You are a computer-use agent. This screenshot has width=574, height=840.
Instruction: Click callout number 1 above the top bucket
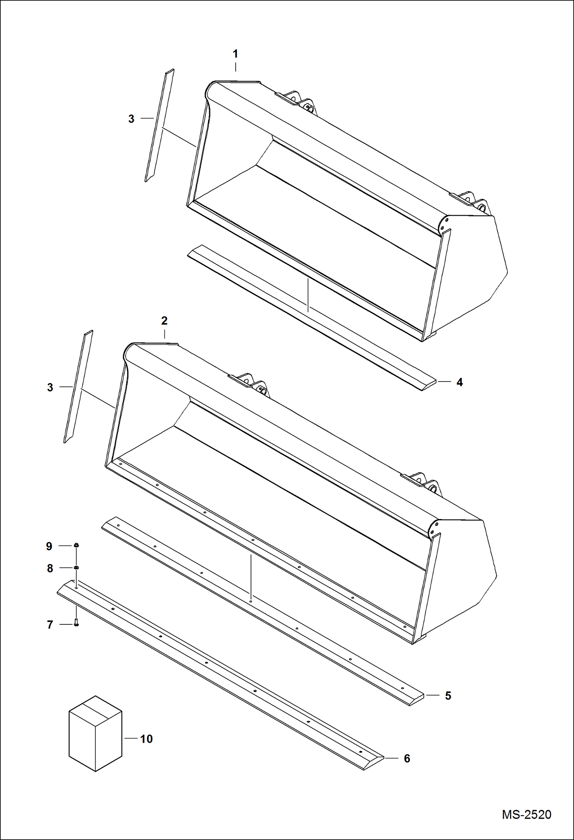coord(235,54)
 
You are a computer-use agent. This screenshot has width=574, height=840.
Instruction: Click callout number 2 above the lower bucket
coord(164,321)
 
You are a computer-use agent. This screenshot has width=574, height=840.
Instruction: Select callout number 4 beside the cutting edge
coord(459,382)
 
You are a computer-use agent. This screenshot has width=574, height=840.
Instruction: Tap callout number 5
coord(448,696)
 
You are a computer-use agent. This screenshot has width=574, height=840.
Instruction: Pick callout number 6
coord(407,758)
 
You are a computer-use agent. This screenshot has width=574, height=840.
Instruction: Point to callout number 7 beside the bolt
coord(50,625)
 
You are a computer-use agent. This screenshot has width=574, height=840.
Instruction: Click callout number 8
coord(50,568)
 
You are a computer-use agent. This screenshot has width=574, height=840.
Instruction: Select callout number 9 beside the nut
coord(49,546)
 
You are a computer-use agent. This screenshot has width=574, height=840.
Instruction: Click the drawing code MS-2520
coord(526,814)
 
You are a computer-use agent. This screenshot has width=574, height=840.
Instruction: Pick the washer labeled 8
coord(76,567)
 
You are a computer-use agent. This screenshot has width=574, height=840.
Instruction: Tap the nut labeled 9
coord(76,545)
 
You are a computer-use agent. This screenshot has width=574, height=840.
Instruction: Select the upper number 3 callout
coord(131,119)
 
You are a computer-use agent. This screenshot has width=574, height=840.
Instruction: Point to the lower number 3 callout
coord(50,388)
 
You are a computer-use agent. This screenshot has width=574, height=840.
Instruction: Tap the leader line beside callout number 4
coord(444,382)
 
